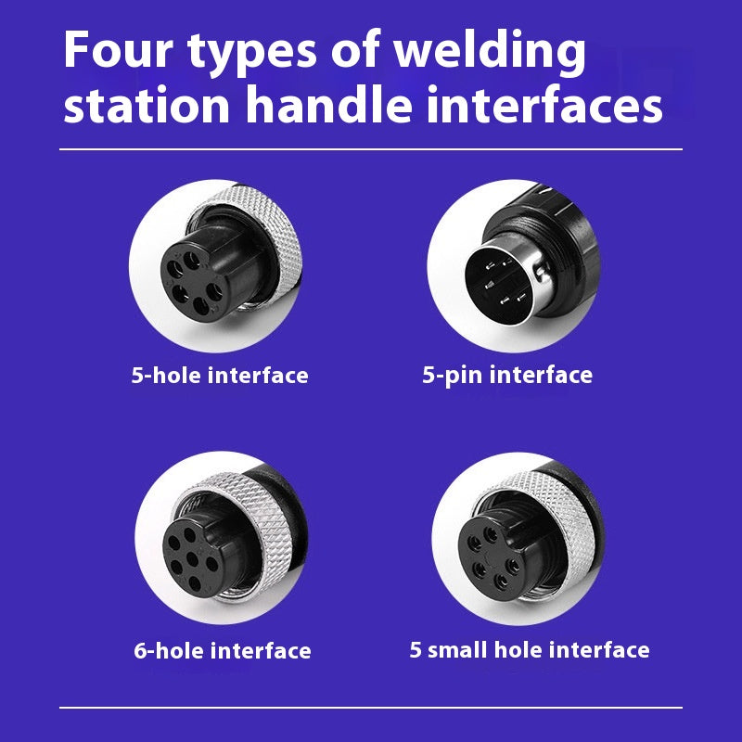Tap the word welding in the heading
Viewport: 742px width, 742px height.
tap(491, 52)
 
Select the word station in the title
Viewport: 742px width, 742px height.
tap(147, 105)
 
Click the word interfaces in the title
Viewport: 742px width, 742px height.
tap(544, 104)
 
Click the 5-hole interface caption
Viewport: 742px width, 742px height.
tap(220, 376)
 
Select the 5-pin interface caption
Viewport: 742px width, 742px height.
tap(507, 376)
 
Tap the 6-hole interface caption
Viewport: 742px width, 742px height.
tap(223, 651)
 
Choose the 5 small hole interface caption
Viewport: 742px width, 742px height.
tap(530, 650)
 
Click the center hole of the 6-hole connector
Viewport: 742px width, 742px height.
tap(192, 559)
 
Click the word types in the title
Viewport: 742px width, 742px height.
tap(251, 53)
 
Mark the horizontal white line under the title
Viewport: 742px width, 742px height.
tap(371, 149)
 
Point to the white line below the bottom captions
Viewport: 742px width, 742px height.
tap(371, 708)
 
